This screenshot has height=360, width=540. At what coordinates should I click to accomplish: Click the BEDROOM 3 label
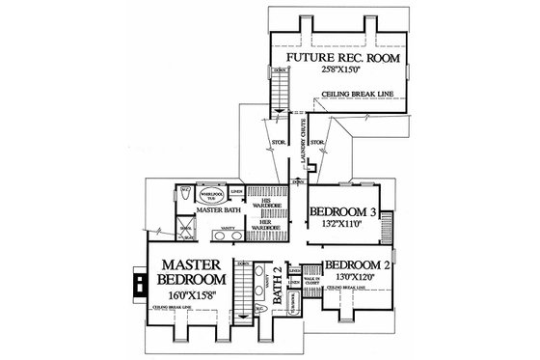341,212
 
